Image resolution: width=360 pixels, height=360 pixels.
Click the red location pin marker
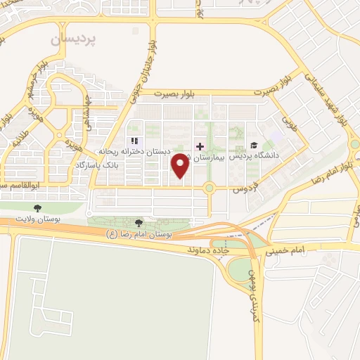[181, 165]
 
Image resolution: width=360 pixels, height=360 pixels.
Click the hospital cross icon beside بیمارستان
[200, 146]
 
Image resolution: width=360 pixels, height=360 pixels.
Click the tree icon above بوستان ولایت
[37, 208]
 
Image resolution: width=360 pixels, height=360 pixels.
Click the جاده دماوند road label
[210, 250]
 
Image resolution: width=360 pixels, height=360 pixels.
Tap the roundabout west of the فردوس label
[209, 188]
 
